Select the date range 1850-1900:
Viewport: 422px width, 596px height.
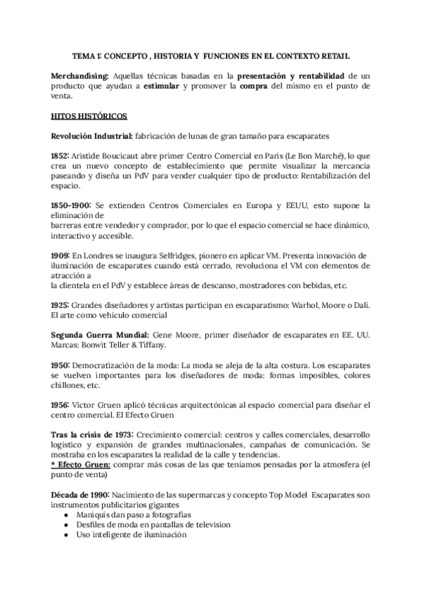tap(72, 205)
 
